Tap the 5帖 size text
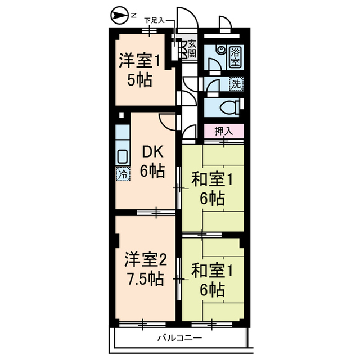coord(139,81)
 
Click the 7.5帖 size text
coord(145,279)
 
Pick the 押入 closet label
coord(223,131)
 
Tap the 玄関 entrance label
coord(192,49)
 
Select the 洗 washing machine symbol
coord(236,84)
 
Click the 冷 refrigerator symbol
coord(122,174)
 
